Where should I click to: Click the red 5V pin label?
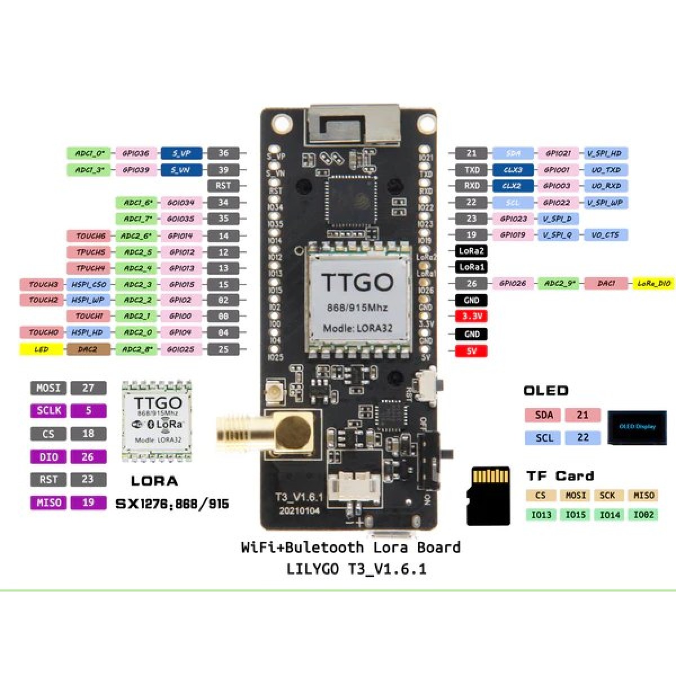tap(471, 351)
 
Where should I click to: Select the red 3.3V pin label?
tap(471, 317)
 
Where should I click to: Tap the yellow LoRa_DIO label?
tap(654, 284)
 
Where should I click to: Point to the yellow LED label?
tap(42, 349)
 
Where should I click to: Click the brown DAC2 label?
tap(88, 349)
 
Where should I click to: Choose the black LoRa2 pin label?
tap(471, 251)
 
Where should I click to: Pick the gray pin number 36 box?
tap(223, 153)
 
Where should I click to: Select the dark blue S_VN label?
tap(181, 170)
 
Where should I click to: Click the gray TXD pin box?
tap(471, 170)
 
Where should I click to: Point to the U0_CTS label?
tap(605, 235)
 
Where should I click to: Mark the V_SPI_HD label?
tap(605, 153)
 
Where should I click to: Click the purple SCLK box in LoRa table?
tap(48, 411)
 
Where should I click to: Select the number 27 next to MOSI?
tap(88, 388)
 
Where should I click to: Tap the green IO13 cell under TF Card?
tap(541, 514)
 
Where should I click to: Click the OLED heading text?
tap(545, 390)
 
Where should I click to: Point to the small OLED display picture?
tap(637, 427)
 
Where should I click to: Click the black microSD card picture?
tap(488, 496)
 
